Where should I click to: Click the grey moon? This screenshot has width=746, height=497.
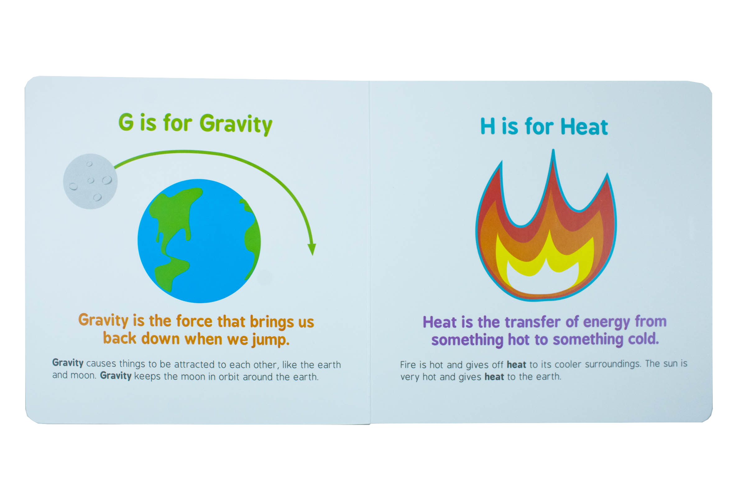pyautogui.click(x=90, y=181)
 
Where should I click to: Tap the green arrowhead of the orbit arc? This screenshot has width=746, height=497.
pyautogui.click(x=312, y=249)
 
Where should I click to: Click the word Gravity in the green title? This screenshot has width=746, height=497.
pyautogui.click(x=236, y=124)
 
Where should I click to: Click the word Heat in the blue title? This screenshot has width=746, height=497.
pyautogui.click(x=584, y=127)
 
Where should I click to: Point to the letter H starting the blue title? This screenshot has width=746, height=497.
pyautogui.click(x=487, y=126)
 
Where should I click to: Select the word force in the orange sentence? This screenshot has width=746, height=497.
pyautogui.click(x=194, y=321)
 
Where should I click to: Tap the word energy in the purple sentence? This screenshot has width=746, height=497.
pyautogui.click(x=606, y=322)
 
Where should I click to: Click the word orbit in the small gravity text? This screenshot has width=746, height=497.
pyautogui.click(x=229, y=377)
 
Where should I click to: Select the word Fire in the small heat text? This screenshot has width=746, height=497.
pyautogui.click(x=408, y=365)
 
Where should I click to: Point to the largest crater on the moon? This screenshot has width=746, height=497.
pyautogui.click(x=107, y=180)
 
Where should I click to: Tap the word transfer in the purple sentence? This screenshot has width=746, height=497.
pyautogui.click(x=532, y=322)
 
